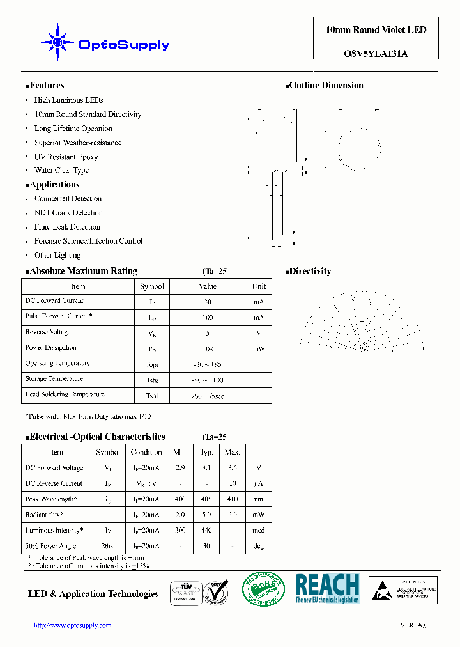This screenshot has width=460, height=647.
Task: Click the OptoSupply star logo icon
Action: click(x=57, y=43)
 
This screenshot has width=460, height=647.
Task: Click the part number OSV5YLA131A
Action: click(x=376, y=54)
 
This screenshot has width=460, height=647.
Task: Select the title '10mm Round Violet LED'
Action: click(x=376, y=30)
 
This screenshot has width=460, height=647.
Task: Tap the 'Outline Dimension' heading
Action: click(x=326, y=86)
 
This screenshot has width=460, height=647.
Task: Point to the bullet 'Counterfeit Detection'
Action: click(x=68, y=199)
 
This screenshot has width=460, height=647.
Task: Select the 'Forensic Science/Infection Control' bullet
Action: click(x=88, y=241)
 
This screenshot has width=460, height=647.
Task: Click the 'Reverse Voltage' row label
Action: click(x=48, y=332)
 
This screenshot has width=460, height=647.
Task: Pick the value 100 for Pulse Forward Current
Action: click(x=208, y=317)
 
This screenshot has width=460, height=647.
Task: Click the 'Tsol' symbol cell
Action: click(x=152, y=396)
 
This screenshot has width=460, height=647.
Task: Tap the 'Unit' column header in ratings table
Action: click(x=259, y=286)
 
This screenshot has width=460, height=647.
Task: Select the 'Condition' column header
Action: click(x=146, y=452)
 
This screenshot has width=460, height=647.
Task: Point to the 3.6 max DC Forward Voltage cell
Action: click(x=233, y=468)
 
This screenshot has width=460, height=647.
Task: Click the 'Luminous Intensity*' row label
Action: click(x=54, y=531)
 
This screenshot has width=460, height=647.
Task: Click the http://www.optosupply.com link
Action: click(x=72, y=625)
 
